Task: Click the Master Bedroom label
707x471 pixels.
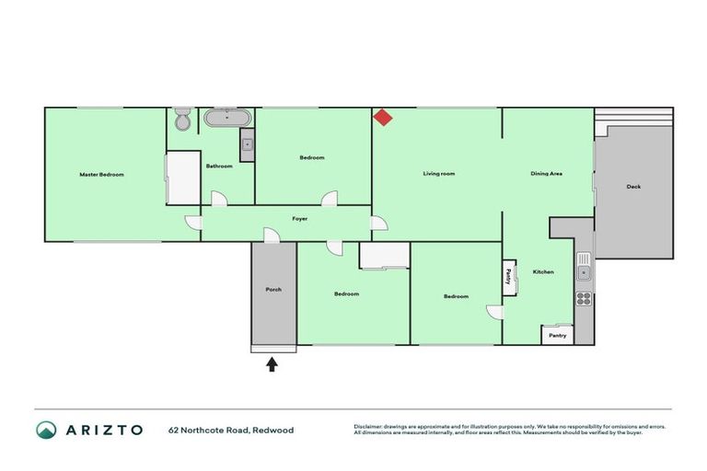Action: tap(101, 174)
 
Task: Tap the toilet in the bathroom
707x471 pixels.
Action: tap(182, 120)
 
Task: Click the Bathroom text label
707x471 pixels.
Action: tap(219, 167)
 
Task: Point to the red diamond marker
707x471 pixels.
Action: tap(383, 117)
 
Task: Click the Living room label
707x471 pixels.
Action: tap(439, 174)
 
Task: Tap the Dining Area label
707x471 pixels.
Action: tap(546, 174)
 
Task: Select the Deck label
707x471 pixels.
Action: tap(633, 187)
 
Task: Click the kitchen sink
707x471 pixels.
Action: tap(583, 271)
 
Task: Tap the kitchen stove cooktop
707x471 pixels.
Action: tap(583, 297)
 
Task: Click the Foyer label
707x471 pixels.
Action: tap(300, 219)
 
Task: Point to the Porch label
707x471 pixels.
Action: tap(273, 289)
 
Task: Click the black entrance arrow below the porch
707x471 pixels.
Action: tap(272, 364)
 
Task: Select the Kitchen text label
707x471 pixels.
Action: tap(543, 271)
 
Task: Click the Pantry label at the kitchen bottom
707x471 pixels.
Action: tap(558, 336)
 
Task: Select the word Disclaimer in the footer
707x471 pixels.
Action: tap(368, 426)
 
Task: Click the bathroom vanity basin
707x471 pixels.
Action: tap(247, 144)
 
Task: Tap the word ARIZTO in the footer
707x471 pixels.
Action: tap(102, 430)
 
